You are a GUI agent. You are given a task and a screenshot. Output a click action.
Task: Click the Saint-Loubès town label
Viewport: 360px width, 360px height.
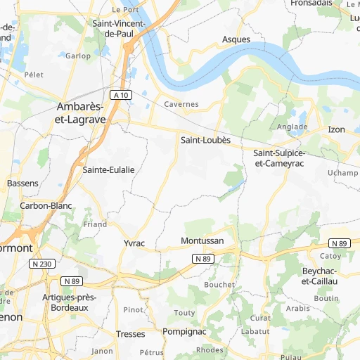(205, 140)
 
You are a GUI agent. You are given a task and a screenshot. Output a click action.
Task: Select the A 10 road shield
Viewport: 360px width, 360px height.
(121, 94)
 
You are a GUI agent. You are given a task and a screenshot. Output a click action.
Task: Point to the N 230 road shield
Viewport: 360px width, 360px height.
(41, 264)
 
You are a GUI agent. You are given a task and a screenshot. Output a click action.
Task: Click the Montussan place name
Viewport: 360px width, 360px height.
(202, 241)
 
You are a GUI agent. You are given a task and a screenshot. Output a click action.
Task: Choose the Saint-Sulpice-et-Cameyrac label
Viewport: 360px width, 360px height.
(281, 158)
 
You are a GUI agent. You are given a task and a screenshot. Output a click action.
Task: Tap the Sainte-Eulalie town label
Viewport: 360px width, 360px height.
(108, 169)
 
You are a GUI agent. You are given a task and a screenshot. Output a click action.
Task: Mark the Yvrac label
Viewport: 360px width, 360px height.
(134, 243)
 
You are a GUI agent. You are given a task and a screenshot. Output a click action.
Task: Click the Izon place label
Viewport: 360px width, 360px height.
(337, 129)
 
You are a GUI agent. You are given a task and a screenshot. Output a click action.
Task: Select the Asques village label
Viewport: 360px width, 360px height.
(236, 39)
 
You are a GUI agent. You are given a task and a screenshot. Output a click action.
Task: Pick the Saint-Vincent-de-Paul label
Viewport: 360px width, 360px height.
(119, 28)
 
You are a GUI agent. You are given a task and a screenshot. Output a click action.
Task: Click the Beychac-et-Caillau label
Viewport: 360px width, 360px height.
(320, 276)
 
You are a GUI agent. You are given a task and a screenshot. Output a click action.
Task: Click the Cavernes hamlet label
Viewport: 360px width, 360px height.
(181, 104)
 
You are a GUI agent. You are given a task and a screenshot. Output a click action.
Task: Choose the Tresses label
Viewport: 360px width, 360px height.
(130, 334)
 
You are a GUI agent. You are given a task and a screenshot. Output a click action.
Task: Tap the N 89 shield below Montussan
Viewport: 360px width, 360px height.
(203, 259)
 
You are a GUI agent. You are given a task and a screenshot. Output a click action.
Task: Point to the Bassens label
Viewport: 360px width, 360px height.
(22, 183)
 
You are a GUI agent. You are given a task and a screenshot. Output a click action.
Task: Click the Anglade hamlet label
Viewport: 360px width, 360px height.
(292, 127)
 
